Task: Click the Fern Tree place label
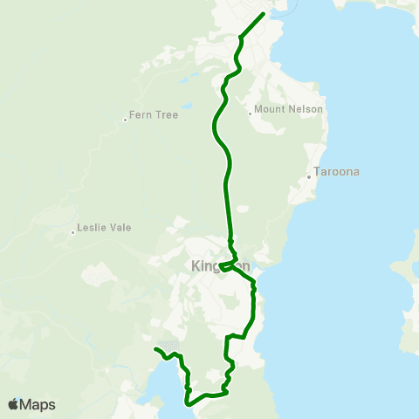(154, 114)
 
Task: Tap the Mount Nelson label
(289, 109)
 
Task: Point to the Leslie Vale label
(104, 227)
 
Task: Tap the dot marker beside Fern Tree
(126, 120)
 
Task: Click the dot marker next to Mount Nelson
(250, 112)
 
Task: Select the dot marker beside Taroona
(309, 178)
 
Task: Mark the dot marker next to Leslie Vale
(72, 232)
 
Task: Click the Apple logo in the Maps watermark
(13, 404)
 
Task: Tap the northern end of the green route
(263, 15)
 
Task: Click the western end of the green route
(156, 349)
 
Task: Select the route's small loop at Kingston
(227, 265)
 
